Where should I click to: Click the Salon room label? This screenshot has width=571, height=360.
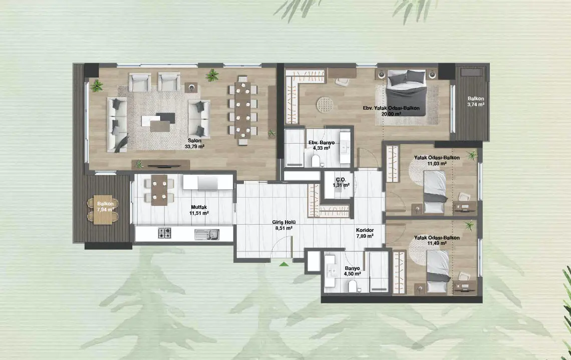(194, 141)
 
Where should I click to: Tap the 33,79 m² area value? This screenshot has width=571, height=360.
(194, 147)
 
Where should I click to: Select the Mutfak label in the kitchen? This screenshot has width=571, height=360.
(199, 207)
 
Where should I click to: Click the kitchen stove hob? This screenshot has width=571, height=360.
(165, 233)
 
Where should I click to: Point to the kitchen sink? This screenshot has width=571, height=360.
(206, 235)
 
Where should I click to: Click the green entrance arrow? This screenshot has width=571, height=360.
(283, 264)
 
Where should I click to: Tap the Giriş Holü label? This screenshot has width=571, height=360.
(283, 222)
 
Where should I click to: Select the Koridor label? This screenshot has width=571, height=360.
(365, 230)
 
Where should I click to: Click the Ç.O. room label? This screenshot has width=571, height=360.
(341, 179)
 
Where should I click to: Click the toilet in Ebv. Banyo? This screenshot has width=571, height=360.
(316, 160)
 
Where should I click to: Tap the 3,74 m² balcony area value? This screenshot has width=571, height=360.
(476, 105)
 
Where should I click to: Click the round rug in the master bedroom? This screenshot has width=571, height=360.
(325, 105)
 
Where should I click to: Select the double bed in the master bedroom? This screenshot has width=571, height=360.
(406, 93)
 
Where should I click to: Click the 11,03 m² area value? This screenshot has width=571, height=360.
(437, 164)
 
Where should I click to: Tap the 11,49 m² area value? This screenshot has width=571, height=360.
(437, 243)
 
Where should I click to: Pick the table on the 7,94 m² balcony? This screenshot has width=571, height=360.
(103, 210)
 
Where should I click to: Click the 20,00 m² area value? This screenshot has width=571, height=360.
(392, 114)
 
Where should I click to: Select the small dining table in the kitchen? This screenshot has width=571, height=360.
(159, 190)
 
